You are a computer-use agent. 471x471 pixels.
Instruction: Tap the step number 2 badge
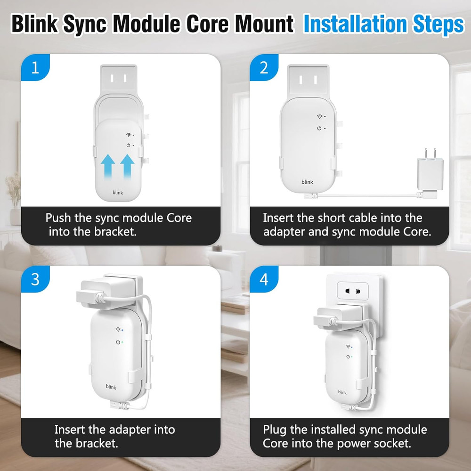click(264, 68)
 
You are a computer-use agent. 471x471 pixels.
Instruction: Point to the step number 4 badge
click(264, 279)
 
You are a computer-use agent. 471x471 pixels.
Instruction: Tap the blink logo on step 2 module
click(307, 182)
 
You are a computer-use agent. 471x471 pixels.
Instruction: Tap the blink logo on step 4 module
click(342, 392)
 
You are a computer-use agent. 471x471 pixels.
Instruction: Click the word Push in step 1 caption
click(57, 218)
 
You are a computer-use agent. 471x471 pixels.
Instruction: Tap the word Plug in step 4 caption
click(275, 430)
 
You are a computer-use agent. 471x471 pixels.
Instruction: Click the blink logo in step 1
click(117, 192)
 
